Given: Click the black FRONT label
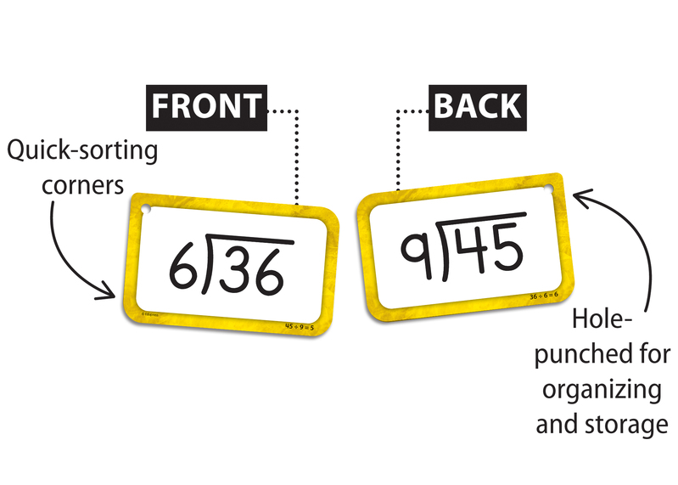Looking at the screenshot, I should pos(206,105).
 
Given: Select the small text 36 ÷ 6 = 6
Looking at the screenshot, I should pos(543,296).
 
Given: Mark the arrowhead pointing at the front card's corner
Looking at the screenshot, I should pos(109,293).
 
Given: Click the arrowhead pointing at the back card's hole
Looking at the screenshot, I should pos(580,197).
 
